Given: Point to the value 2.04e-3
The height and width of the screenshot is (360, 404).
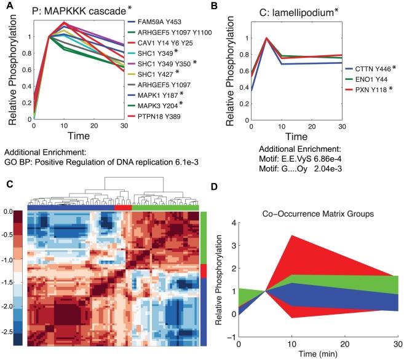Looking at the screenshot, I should [330, 169].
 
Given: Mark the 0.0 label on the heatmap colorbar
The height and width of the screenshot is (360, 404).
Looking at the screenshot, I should [9, 211].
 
